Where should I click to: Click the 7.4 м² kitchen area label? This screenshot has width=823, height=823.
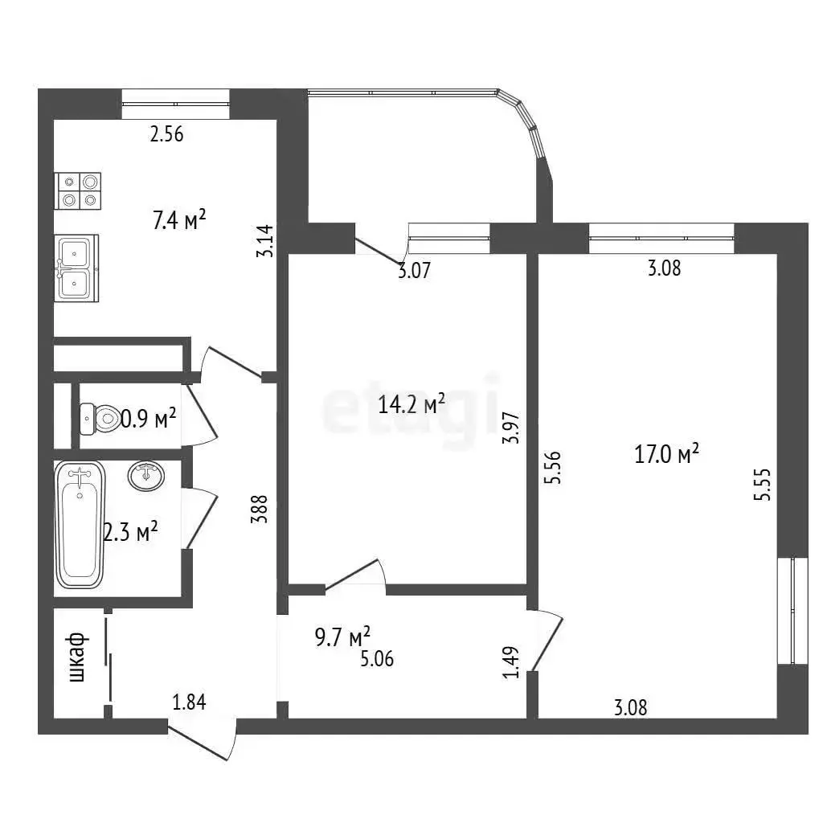[x=179, y=220]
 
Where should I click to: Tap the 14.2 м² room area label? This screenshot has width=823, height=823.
[x=411, y=403]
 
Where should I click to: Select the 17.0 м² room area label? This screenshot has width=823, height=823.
[x=666, y=453]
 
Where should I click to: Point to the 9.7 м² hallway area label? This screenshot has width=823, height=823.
[x=342, y=637]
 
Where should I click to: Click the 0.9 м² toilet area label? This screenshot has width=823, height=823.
[x=149, y=418]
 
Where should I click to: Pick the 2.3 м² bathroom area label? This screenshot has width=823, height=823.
[x=131, y=533]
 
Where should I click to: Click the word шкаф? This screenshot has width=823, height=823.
[x=78, y=657]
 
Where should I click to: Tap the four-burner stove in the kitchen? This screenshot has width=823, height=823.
[x=78, y=191]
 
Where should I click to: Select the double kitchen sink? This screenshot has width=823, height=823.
[x=76, y=268]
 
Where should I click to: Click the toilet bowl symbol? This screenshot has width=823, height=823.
[x=100, y=418]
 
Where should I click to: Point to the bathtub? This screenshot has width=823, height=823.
[x=80, y=525]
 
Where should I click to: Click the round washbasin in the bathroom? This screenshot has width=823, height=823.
[x=146, y=476]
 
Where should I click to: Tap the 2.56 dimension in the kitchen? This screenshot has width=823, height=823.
[x=167, y=134]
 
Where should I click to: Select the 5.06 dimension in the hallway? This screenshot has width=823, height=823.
[x=377, y=659]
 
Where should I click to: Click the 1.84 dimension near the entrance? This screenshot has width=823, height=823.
[x=190, y=702]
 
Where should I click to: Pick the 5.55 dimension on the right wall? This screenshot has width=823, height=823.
[x=762, y=485]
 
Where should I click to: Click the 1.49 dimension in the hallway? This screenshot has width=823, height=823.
[x=510, y=662]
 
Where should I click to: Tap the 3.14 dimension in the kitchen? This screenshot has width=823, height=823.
[x=265, y=241]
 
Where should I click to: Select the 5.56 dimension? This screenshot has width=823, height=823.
[x=553, y=467]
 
